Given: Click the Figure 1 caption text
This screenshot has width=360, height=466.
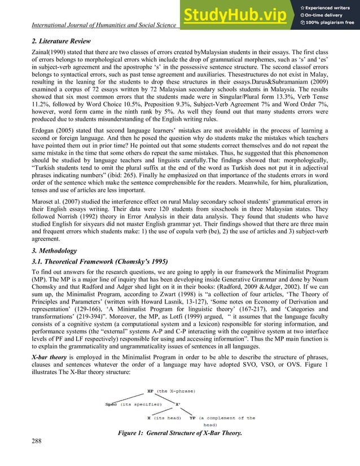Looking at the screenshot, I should coord(179,432).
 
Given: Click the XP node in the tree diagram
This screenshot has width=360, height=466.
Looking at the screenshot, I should coord(150,389).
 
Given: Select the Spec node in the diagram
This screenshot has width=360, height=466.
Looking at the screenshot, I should coord(112,404).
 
